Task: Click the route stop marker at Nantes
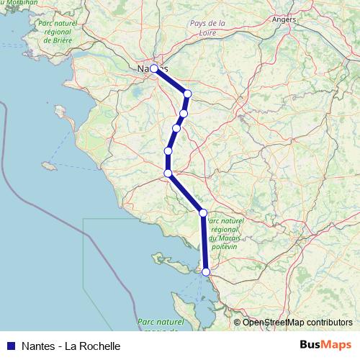[154, 68]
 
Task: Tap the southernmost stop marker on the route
[206, 272]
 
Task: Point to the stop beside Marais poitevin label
[203, 212]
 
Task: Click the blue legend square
[10, 346]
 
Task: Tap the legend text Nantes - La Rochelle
[71, 346]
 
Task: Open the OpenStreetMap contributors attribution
[297, 322]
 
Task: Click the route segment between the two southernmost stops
[204, 243]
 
